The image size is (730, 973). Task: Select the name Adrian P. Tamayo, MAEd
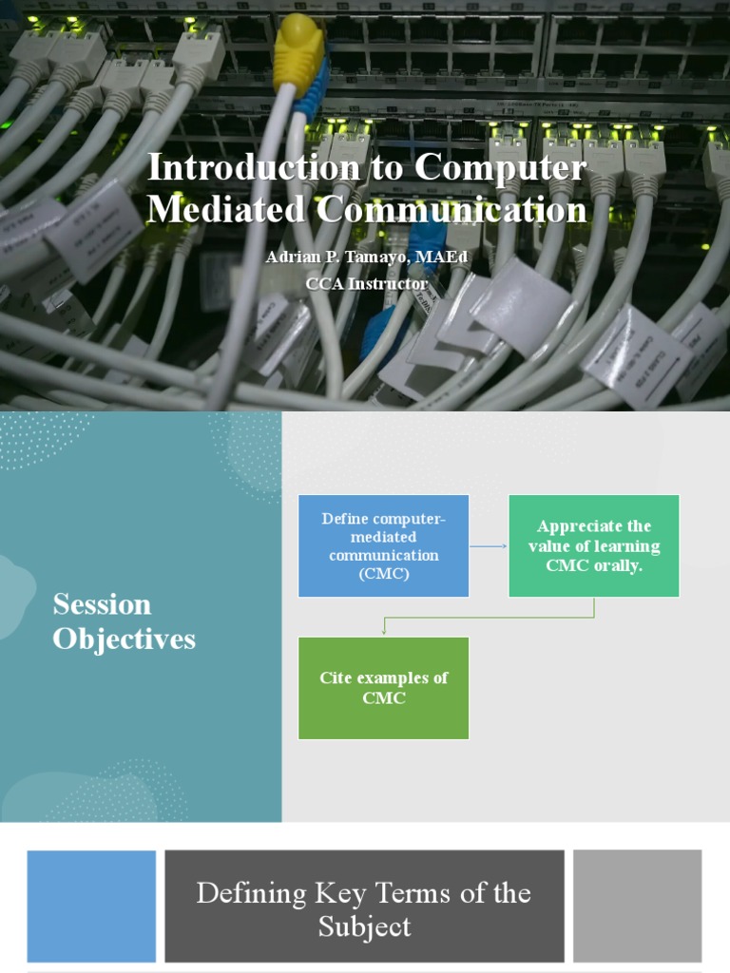[366, 257]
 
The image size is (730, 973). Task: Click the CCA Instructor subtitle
[366, 283]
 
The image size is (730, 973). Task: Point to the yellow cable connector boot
[298, 52]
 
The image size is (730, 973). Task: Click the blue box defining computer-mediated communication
[383, 545]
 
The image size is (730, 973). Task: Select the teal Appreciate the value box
[593, 545]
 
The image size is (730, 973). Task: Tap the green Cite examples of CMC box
[383, 688]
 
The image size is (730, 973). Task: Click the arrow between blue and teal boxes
[489, 546]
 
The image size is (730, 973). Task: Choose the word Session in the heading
[102, 604]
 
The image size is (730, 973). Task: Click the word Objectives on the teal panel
[124, 639]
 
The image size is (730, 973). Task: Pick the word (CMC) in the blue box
[383, 573]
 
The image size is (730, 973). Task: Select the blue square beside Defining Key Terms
[91, 906]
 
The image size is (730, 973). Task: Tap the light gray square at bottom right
[637, 906]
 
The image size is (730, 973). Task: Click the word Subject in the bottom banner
[365, 927]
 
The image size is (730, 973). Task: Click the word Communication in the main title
[451, 209]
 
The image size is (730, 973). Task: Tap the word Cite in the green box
[336, 677]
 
